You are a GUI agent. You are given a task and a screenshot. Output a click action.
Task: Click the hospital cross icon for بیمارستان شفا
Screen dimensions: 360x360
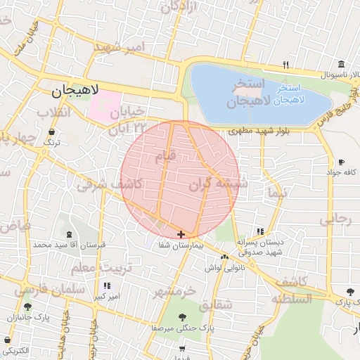(181, 234)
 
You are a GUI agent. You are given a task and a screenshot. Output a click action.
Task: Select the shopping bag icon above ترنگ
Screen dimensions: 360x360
(52, 131)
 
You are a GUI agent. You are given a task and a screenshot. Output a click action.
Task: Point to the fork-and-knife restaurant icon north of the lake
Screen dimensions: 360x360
(285, 65)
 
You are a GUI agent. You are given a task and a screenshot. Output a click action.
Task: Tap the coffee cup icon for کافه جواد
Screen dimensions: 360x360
(341, 162)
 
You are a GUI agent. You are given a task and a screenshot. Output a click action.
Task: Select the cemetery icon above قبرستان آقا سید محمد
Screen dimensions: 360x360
(69, 235)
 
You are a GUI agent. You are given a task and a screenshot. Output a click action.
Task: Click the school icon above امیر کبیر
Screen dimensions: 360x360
(107, 286)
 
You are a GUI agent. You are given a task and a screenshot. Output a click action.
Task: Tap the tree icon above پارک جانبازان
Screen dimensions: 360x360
(27, 307)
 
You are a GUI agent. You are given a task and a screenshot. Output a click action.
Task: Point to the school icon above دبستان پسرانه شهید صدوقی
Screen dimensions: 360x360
(260, 231)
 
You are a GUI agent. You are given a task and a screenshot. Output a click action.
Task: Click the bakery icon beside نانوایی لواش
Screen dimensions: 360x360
(224, 258)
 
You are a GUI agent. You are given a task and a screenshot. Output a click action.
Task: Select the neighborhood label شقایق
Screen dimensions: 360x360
(214, 306)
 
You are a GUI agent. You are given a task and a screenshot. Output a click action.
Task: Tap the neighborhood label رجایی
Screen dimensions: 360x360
(335, 219)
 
